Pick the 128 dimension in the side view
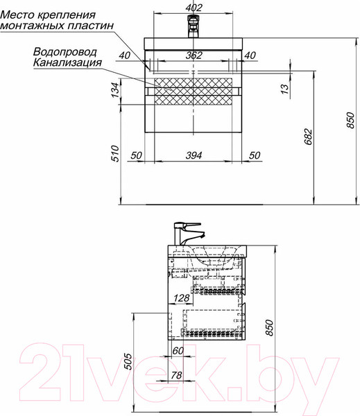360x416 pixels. click(182, 299)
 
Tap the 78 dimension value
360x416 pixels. click(176, 375)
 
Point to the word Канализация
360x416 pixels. click(67, 62)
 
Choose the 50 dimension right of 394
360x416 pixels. click(254, 155)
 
